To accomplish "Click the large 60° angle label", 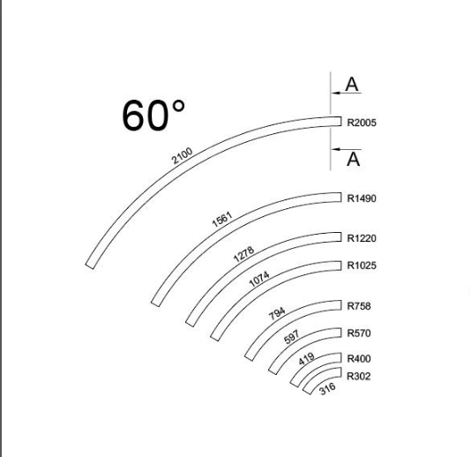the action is [x=153, y=116].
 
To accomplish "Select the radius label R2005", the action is [x=362, y=123].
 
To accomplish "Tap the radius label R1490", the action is [x=362, y=199].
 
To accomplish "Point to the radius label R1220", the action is [x=362, y=238].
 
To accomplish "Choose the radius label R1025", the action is [x=362, y=266].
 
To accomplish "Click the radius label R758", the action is [x=359, y=306].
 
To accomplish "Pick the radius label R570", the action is [x=359, y=333].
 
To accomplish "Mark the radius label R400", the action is [x=359, y=358].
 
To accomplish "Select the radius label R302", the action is [x=359, y=376].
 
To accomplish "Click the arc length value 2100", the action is [x=182, y=155].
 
